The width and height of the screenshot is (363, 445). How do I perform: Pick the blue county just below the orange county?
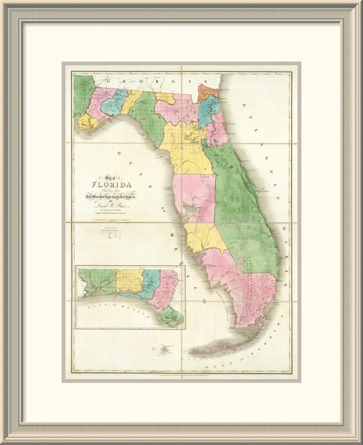coord(206,110)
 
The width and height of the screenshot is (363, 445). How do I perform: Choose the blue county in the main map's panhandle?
coord(114,101)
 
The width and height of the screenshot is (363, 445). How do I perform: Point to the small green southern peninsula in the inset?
coord(174,318)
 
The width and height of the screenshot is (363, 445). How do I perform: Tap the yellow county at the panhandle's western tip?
coord(87,123)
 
